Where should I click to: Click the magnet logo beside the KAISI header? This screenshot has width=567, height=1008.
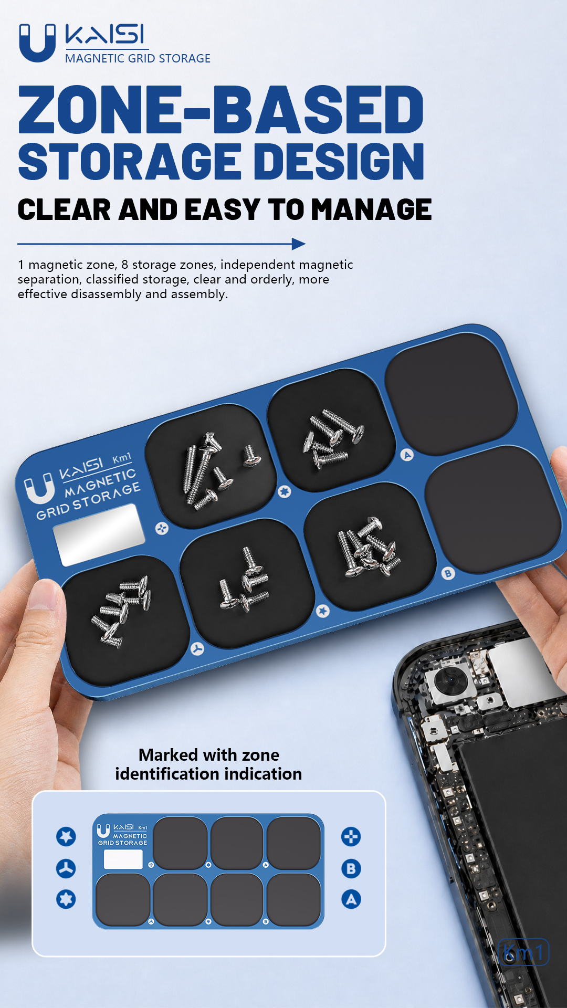37,43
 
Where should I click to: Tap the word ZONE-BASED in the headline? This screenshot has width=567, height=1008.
221,110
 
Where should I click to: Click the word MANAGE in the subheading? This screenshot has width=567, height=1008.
372,209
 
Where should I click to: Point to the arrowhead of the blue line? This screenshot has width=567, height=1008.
299,244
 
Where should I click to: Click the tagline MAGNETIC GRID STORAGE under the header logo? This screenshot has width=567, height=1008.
138,58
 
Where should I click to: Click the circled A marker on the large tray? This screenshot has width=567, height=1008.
407,455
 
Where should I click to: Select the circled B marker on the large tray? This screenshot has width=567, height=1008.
448,573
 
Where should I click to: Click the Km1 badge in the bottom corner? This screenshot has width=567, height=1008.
523,952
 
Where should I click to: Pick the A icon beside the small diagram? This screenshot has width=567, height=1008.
351,899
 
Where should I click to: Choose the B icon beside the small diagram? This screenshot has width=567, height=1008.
351,868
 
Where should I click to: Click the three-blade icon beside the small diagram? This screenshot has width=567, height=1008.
66,868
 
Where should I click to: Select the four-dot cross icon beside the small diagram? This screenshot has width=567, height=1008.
351,836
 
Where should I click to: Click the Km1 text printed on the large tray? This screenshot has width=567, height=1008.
122,458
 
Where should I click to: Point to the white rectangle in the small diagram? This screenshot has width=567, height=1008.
123,859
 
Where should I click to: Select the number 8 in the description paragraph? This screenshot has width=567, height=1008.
125,265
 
